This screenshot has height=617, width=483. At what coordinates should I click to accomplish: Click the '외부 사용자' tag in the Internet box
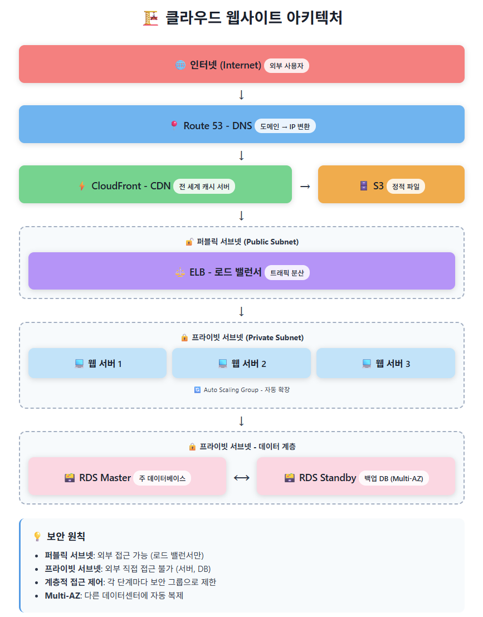click(x=286, y=66)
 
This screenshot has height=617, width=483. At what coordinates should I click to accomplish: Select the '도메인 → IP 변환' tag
click(x=285, y=126)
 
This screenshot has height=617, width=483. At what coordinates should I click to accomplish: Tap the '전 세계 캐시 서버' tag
click(x=204, y=187)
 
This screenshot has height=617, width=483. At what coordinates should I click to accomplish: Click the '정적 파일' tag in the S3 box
click(x=406, y=187)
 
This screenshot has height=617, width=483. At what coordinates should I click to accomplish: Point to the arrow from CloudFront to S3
click(x=305, y=187)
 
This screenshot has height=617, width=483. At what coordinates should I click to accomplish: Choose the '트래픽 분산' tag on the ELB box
click(x=287, y=273)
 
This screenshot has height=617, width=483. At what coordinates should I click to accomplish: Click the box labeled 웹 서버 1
click(x=97, y=364)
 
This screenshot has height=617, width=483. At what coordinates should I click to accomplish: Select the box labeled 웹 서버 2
click(x=241, y=364)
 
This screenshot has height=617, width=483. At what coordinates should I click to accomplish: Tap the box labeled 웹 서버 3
click(x=386, y=364)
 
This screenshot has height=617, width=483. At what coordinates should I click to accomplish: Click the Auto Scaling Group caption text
click(x=242, y=390)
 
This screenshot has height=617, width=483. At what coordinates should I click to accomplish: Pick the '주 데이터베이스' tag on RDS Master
click(x=162, y=478)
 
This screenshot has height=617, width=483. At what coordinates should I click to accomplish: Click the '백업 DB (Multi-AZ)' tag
click(x=393, y=478)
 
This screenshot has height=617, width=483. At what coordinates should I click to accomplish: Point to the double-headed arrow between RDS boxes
click(x=241, y=478)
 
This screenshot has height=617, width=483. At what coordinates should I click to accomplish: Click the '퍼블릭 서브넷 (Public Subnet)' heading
click(x=247, y=242)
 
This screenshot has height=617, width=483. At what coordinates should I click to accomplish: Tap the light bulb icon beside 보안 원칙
click(x=37, y=536)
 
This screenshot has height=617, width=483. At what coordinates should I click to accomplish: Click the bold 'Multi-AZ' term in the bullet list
click(x=62, y=595)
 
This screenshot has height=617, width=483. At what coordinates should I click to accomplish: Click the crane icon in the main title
click(x=150, y=18)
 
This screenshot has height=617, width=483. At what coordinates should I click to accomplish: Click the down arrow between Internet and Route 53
click(x=241, y=95)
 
